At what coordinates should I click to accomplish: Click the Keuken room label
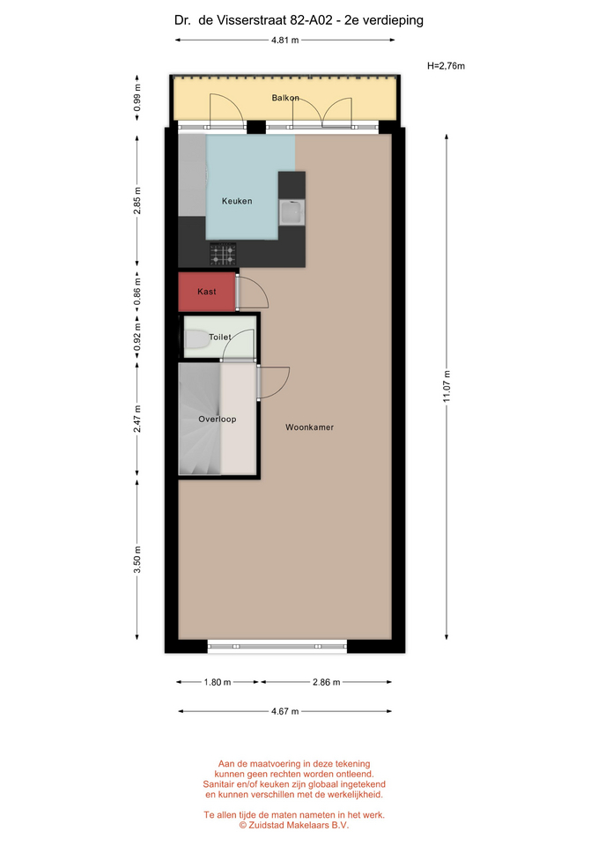(x=237, y=201)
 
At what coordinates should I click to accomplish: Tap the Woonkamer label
(x=309, y=427)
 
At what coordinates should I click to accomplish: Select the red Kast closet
(x=207, y=292)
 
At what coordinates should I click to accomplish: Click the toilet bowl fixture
(x=197, y=339)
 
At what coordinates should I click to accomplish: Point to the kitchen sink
(x=292, y=212)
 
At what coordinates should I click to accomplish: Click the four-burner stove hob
(x=223, y=254)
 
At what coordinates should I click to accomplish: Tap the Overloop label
(x=218, y=419)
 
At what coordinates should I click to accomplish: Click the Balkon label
(x=285, y=98)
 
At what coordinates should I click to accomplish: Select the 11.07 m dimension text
(x=447, y=386)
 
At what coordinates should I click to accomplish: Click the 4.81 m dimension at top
(x=285, y=40)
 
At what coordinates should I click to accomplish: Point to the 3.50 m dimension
(x=137, y=560)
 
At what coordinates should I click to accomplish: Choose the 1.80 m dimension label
(x=218, y=682)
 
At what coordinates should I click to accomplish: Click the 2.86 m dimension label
(x=326, y=682)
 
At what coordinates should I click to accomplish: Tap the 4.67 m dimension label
(x=284, y=711)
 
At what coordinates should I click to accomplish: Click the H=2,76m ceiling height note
(x=446, y=66)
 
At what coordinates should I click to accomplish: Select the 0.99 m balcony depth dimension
(x=137, y=98)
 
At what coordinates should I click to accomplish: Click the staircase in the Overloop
(x=200, y=419)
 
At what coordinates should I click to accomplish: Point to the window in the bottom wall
(x=277, y=646)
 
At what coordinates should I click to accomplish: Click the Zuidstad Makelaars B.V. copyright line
(x=294, y=825)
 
